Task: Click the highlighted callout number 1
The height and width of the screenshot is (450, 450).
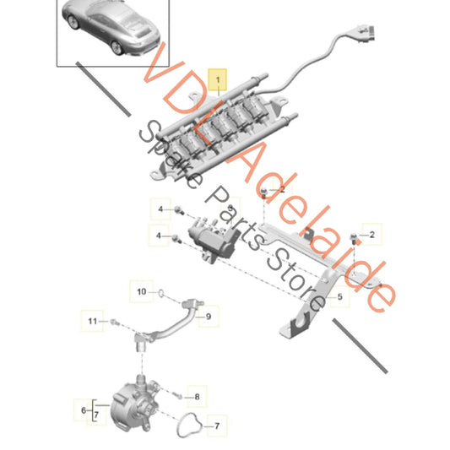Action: click(219, 81)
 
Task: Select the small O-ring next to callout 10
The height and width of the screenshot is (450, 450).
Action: click(160, 295)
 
